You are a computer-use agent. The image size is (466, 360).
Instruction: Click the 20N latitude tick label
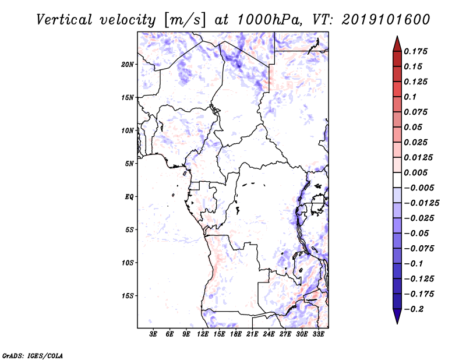click(128, 65)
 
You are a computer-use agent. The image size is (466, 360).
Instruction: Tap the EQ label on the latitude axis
click(129, 197)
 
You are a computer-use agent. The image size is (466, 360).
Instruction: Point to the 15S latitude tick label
click(128, 296)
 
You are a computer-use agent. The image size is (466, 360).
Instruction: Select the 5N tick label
click(129, 164)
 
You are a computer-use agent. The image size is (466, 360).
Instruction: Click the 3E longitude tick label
click(153, 334)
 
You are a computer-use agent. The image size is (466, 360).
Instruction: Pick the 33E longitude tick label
click(318, 334)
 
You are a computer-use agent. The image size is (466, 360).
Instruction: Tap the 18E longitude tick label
click(236, 334)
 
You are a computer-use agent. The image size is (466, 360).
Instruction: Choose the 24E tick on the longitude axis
click(269, 334)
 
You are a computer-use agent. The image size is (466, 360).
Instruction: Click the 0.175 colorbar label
click(415, 51)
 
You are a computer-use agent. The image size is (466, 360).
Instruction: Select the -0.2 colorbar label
click(414, 309)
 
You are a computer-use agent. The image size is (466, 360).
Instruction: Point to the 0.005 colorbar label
click(415, 172)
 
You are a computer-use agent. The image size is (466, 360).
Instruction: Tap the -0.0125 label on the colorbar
click(421, 203)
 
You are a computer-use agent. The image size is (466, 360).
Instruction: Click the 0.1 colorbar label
click(410, 97)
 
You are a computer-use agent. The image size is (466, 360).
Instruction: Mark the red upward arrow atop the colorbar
click(397, 44)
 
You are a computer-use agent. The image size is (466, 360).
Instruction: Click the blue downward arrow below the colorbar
click(397, 316)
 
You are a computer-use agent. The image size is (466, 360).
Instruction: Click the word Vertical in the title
click(64, 20)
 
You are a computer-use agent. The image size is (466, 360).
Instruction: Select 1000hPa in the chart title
click(269, 20)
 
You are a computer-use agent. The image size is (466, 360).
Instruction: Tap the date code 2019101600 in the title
click(386, 20)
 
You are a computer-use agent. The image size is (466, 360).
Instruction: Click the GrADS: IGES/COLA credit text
click(33, 355)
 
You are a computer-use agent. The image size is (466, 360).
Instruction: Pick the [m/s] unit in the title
click(185, 20)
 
